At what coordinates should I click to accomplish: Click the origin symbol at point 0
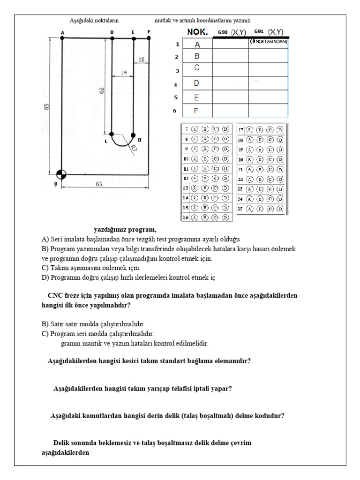pos(61,174)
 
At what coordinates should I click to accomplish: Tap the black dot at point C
pos(112,134)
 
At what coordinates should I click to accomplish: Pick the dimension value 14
pos(124,73)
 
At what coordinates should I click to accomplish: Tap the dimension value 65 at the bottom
pos(99,184)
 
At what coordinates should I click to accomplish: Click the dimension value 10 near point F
pos(142,60)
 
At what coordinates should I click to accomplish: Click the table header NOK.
pos(198,32)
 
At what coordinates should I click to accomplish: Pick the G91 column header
pos(259,32)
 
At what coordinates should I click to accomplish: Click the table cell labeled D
pos(197,83)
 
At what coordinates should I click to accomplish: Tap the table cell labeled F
pos(197,111)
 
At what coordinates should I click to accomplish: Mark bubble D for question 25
pos(280,209)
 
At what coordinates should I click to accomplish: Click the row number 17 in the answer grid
pos(240,129)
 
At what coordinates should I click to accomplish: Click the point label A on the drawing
pos(62,32)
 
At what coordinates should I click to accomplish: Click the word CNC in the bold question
pos(56,296)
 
